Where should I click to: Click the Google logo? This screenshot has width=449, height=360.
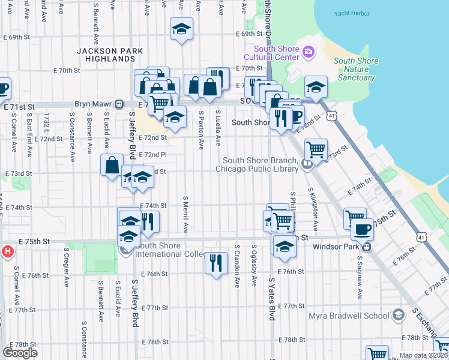coord(20,353)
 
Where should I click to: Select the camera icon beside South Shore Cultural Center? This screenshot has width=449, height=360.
coord(309,52)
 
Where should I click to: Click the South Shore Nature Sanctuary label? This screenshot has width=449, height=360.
coord(355,69)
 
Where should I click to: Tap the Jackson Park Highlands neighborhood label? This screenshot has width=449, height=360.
coord(106,55)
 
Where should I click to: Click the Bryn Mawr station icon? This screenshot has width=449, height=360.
coord(120,104)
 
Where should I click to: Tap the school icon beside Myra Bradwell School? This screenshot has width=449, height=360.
coord(397,316)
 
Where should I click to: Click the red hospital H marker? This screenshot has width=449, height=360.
coord(7,250)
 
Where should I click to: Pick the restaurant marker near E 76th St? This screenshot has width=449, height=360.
coord(216,262)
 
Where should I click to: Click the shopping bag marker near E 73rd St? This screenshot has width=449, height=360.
coord(113,164)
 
